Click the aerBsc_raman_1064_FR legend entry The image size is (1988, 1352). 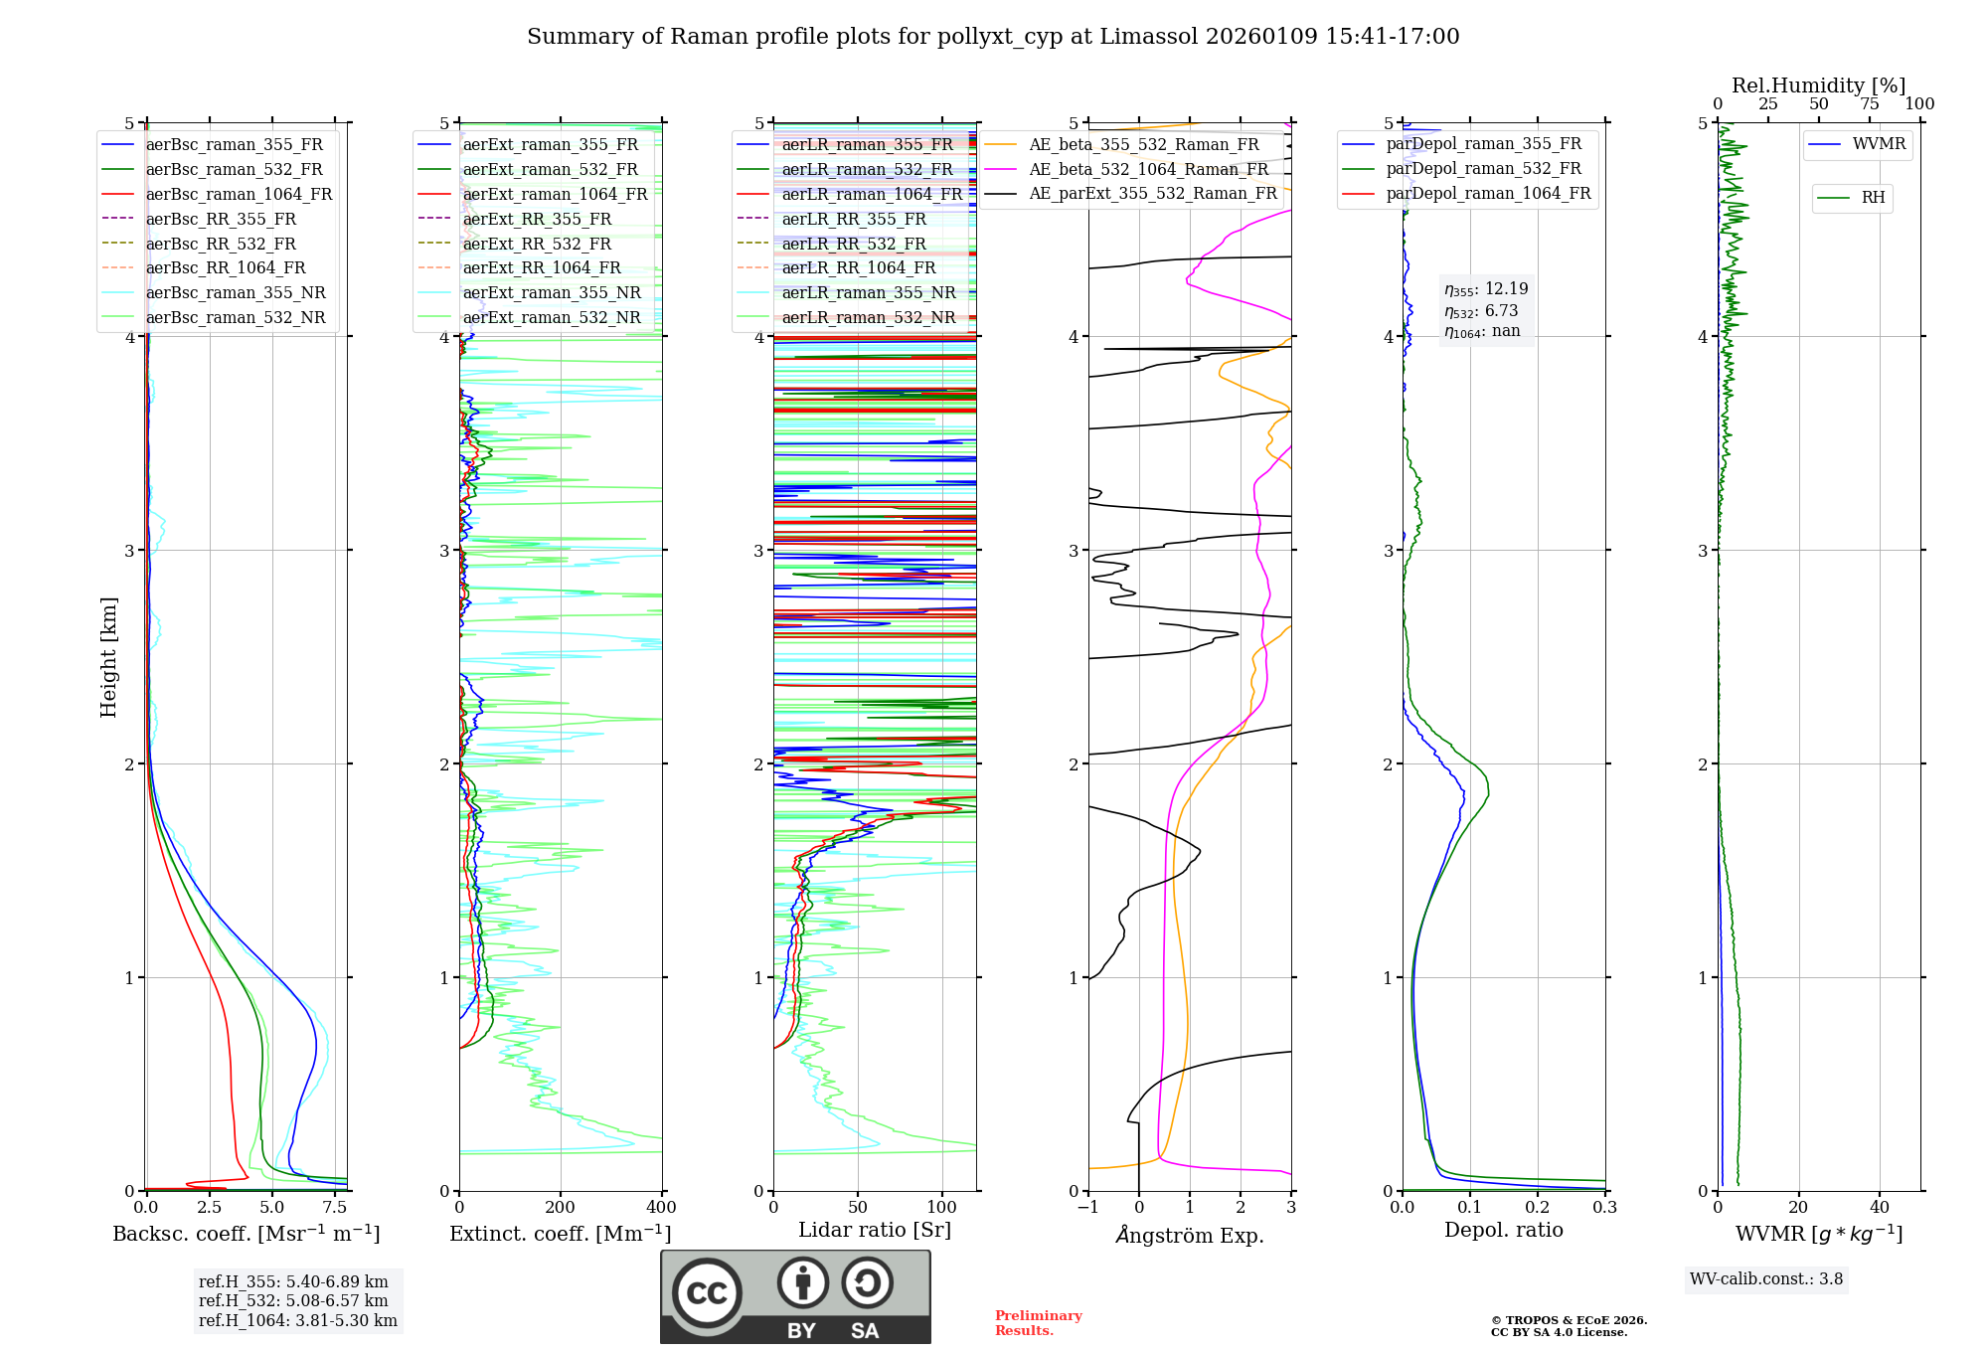239,194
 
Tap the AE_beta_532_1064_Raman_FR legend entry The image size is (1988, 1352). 1148,169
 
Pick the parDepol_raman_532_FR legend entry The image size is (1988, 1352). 1483,169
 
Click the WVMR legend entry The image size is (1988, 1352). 1879,144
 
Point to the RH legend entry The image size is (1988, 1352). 1873,198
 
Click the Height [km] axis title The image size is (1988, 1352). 108,657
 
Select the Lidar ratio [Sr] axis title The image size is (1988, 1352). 875,1230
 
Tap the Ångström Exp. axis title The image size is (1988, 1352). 1190,1235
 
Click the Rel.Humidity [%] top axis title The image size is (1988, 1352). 1818,85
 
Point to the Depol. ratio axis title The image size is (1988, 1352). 1503,1230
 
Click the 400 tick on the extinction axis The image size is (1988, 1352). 662,1208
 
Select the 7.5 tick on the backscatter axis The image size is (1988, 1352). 335,1208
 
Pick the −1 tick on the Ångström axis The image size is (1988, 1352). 1087,1208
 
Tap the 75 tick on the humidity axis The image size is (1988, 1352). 1869,104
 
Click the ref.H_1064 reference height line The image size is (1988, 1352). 297,1321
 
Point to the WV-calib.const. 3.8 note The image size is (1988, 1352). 1766,1279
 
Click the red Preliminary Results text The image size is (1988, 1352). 1038,1323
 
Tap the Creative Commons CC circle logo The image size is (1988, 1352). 707,1293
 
